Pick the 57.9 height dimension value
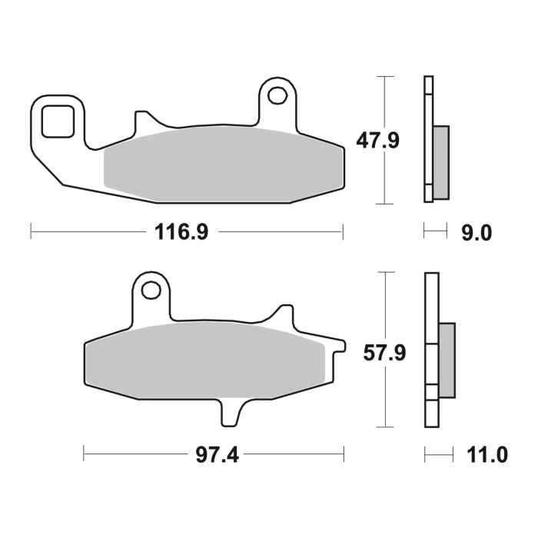tap(384, 353)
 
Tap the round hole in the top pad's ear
tap(277, 96)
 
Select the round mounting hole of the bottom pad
tap(151, 291)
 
